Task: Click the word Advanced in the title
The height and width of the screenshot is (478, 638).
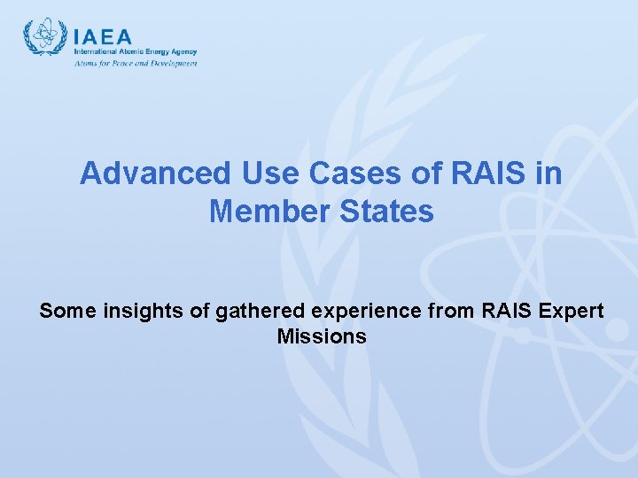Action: pyautogui.click(x=142, y=173)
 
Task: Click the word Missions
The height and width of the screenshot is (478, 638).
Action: pyautogui.click(x=322, y=336)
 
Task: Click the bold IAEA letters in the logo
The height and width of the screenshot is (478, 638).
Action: pyautogui.click(x=103, y=37)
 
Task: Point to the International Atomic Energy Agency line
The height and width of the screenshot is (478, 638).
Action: pyautogui.click(x=135, y=52)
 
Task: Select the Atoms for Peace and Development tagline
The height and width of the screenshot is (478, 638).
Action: pyautogui.click(x=135, y=63)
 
